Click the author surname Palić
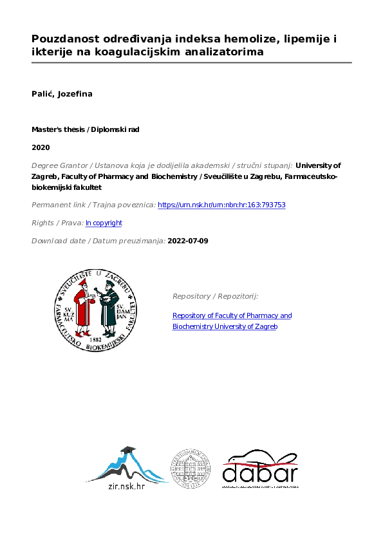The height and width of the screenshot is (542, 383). [x=43, y=94]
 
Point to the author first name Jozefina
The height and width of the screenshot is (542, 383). [x=75, y=94]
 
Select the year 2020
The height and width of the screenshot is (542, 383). [x=41, y=147]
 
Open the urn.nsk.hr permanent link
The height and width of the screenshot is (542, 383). [x=221, y=205]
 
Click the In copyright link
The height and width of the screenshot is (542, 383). [x=104, y=223]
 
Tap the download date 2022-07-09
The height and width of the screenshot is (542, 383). [x=187, y=241]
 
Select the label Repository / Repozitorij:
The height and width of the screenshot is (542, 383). [x=215, y=296]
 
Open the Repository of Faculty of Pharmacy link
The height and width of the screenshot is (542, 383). [x=232, y=315]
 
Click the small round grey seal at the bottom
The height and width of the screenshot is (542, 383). [x=190, y=468]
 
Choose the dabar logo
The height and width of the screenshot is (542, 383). [x=259, y=469]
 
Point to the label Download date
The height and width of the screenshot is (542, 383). [x=53, y=241]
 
